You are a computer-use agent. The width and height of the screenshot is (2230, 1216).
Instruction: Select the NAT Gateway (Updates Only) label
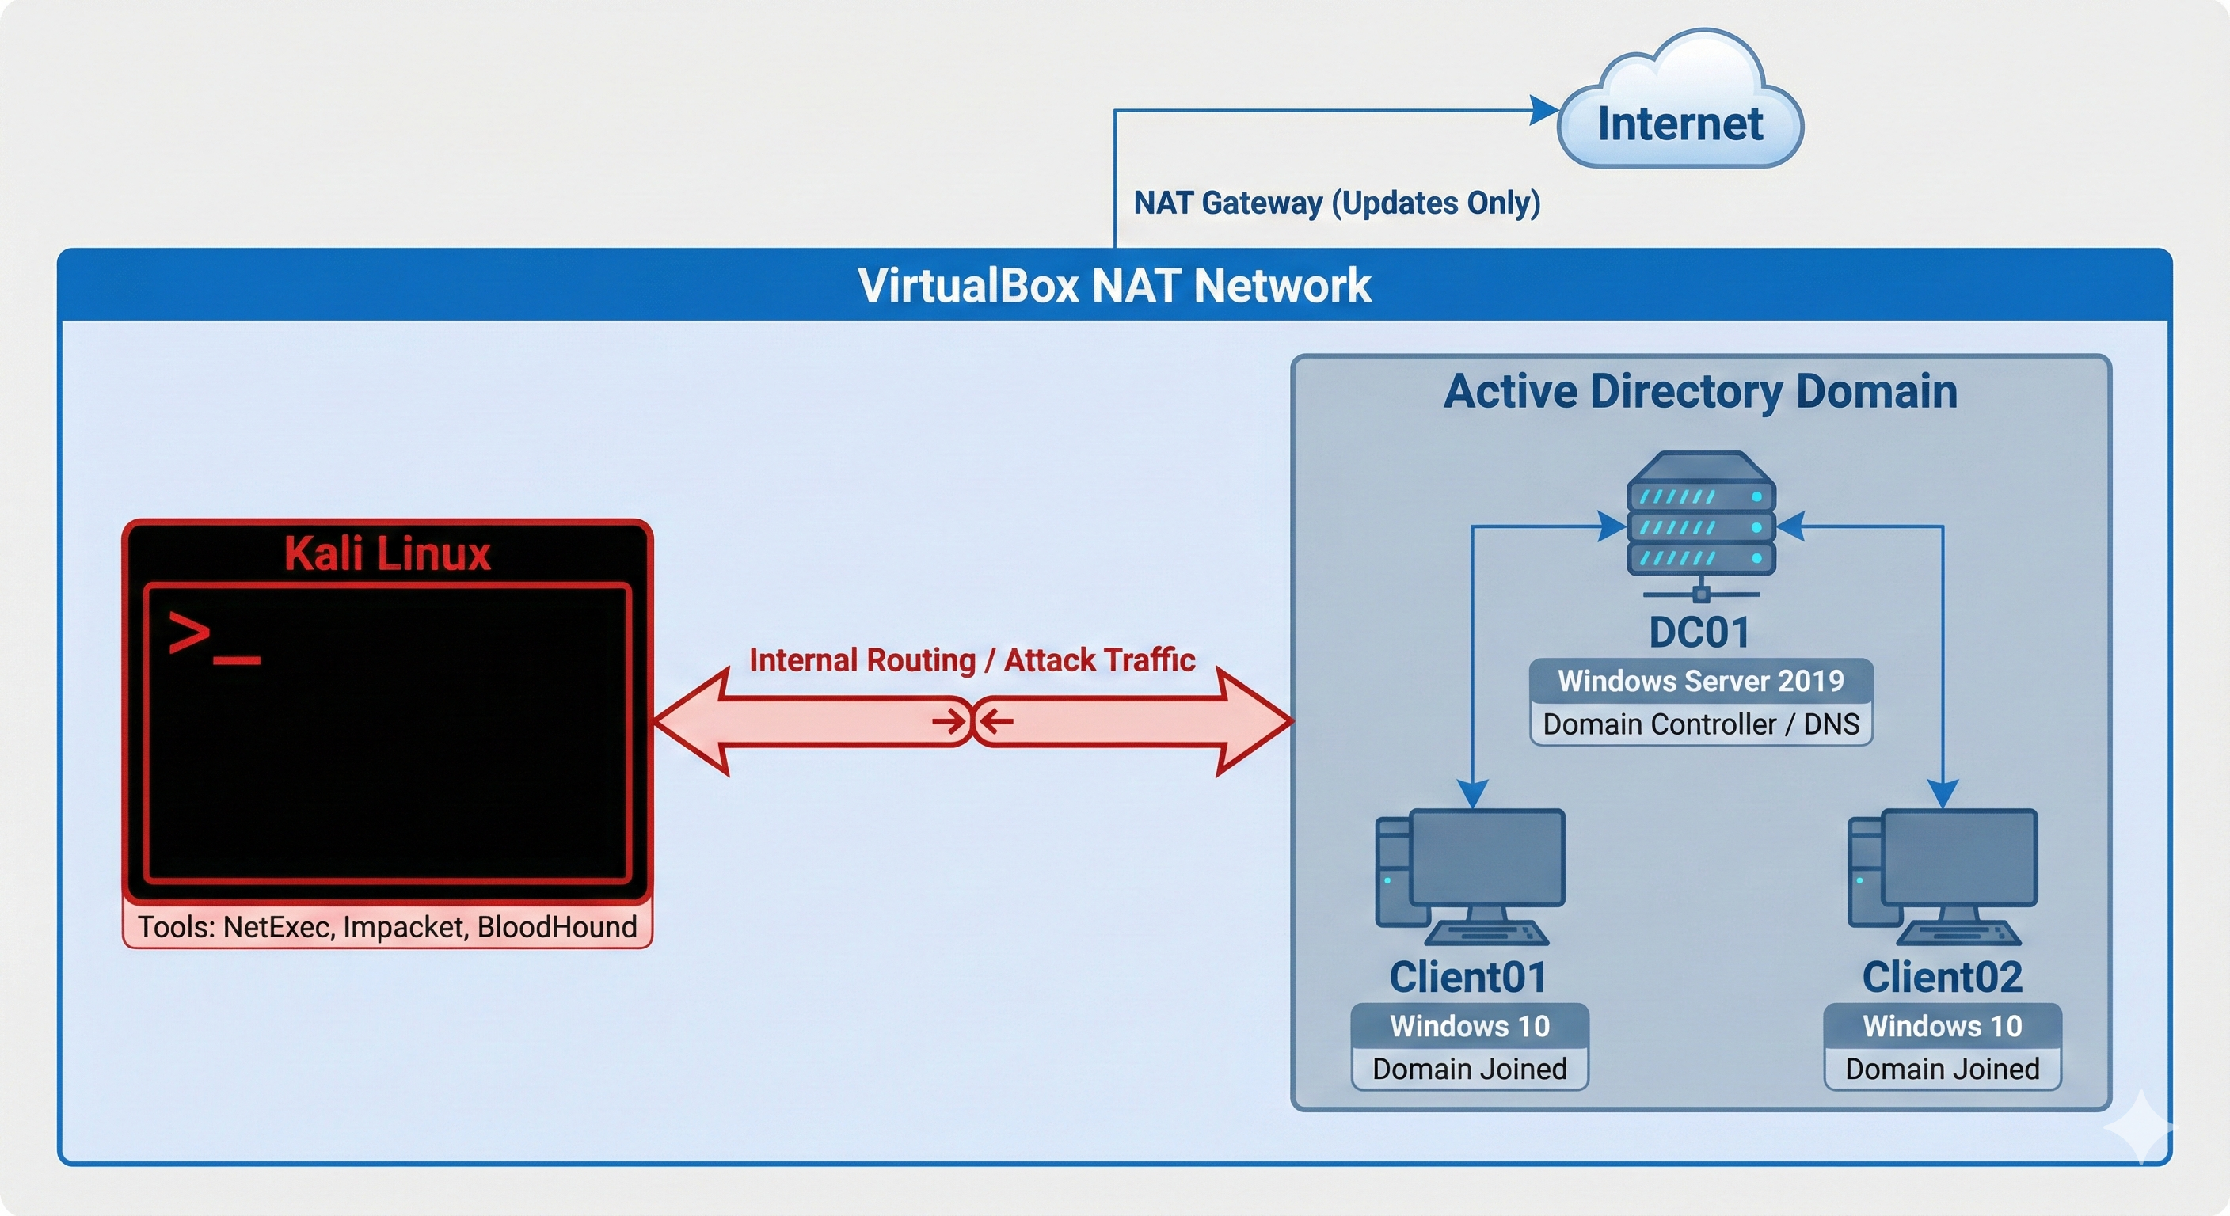tap(1337, 203)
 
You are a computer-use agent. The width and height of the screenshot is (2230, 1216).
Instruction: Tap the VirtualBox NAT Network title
tap(1114, 285)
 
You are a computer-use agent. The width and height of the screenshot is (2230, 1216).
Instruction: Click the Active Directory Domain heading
tap(1700, 391)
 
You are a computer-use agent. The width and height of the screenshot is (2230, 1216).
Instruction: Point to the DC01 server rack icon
tap(1701, 522)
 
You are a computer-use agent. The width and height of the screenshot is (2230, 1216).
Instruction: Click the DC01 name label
tap(1699, 633)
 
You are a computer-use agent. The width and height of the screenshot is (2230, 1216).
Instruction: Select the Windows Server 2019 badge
tap(1701, 681)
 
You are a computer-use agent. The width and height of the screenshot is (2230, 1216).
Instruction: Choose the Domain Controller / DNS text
tap(1701, 724)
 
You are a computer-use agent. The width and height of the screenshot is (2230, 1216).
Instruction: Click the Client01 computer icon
tap(1471, 876)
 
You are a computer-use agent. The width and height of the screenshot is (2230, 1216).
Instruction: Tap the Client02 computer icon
tap(1943, 876)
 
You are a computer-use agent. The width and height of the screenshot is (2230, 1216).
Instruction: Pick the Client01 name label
tap(1468, 978)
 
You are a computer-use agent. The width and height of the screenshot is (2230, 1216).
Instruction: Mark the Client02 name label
tap(1943, 978)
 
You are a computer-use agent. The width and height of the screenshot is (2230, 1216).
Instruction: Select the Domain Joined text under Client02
tap(1943, 1070)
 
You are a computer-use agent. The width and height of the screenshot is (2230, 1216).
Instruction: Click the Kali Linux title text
tap(387, 554)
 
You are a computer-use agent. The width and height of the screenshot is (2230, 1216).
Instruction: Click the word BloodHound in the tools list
tap(557, 928)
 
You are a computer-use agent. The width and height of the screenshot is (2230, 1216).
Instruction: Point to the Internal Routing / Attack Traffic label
tap(972, 660)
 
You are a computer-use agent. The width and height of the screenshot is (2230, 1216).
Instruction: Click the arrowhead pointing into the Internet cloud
tap(1543, 110)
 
